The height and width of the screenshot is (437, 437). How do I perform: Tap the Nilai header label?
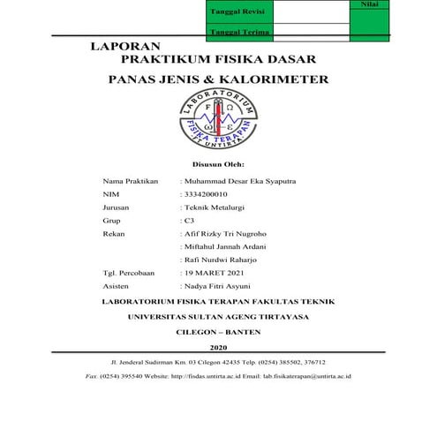370,4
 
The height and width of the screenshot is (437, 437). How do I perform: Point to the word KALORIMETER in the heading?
285,79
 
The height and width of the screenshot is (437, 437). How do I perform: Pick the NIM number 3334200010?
204,193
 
